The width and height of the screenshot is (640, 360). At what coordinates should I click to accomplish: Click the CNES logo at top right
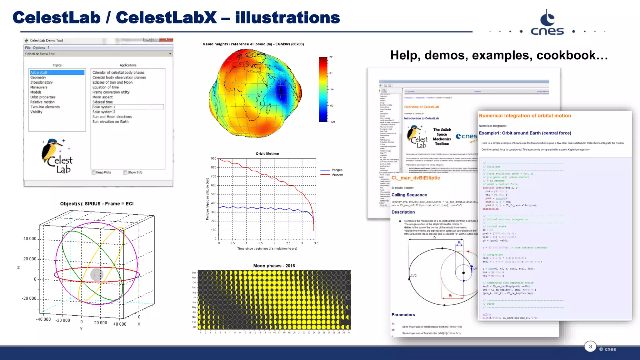click(x=547, y=23)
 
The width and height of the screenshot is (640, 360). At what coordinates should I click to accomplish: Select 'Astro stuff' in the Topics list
click(x=39, y=72)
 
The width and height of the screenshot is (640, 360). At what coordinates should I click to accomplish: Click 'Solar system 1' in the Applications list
click(x=104, y=107)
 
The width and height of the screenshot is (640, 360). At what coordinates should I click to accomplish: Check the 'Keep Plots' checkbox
click(x=93, y=172)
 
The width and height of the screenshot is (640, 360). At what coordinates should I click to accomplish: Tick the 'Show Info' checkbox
click(x=125, y=172)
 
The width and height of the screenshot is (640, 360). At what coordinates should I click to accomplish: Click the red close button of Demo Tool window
click(x=166, y=40)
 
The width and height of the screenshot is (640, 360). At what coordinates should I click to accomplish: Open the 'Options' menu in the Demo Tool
click(x=39, y=48)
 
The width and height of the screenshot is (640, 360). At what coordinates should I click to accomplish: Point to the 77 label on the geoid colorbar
click(x=331, y=57)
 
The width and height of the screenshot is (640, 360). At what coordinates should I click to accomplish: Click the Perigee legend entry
click(x=337, y=170)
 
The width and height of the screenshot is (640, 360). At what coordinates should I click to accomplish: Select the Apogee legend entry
click(x=337, y=175)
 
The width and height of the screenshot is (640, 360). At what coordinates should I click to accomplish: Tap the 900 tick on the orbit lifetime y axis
click(x=214, y=159)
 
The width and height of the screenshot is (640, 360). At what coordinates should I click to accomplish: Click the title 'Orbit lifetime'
click(x=267, y=154)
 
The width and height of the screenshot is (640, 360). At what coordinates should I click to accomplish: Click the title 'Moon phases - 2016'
click(x=274, y=266)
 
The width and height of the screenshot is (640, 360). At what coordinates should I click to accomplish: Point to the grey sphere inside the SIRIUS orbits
click(x=97, y=275)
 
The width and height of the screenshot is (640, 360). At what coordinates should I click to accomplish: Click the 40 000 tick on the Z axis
click(x=30, y=239)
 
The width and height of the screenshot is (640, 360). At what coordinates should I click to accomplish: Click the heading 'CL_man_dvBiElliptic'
click(x=416, y=178)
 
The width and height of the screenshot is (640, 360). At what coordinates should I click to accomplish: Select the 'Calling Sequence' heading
click(x=409, y=195)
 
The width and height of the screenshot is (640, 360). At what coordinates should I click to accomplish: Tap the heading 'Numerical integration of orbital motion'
click(x=525, y=116)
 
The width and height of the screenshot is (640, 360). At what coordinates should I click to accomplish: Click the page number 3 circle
click(x=590, y=346)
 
